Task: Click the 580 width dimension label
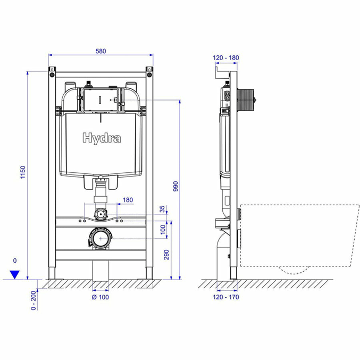[x=101, y=51]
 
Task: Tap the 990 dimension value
[x=175, y=186]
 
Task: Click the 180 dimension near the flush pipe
[x=128, y=200]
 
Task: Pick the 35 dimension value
[x=163, y=208]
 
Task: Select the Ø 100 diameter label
[x=100, y=297]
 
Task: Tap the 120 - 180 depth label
[x=225, y=58]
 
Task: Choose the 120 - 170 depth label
[x=226, y=297]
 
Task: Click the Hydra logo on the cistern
[x=102, y=138]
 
